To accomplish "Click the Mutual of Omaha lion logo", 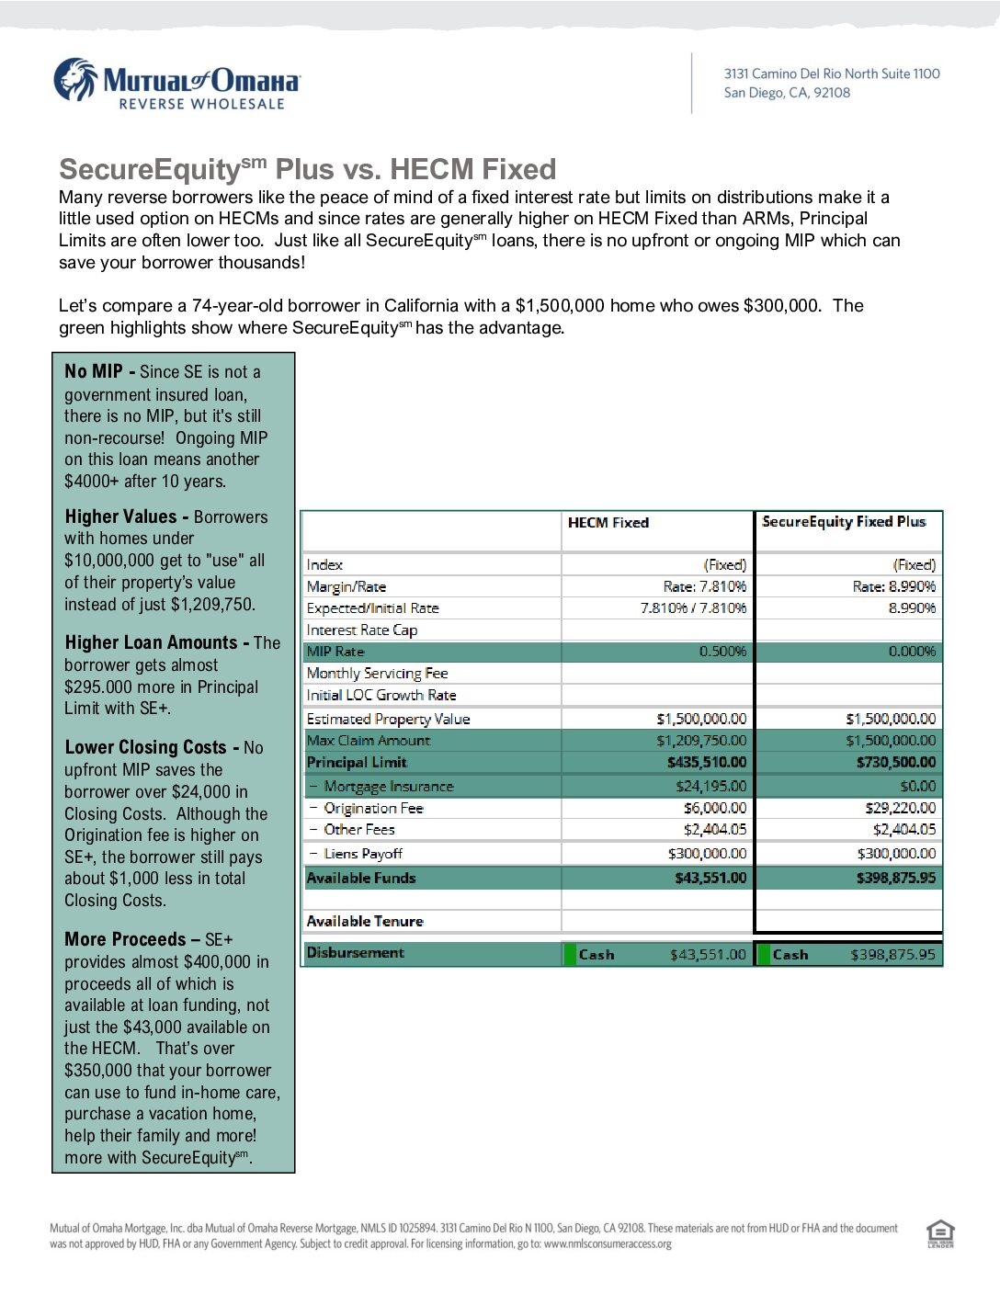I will pyautogui.click(x=74, y=80).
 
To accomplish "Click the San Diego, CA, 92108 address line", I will pyautogui.click(x=787, y=93).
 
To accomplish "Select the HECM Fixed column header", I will pyautogui.click(x=608, y=523).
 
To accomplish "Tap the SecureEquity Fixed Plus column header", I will pyautogui.click(x=844, y=522).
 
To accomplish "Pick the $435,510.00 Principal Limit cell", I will pyautogui.click(x=707, y=763).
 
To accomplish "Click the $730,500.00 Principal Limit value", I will pyautogui.click(x=896, y=763).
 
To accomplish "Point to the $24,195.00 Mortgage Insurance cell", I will pyautogui.click(x=710, y=787).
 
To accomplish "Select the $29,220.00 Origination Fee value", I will pyautogui.click(x=900, y=809).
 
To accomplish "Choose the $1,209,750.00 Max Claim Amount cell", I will pyautogui.click(x=701, y=741).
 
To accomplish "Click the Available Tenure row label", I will pyautogui.click(x=365, y=922).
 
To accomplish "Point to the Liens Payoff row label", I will pyautogui.click(x=363, y=854).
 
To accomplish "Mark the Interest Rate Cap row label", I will pyautogui.click(x=362, y=630).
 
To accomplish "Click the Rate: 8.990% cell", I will pyautogui.click(x=894, y=586).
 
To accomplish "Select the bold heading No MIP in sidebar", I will pyautogui.click(x=94, y=371).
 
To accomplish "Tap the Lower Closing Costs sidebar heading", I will pyautogui.click(x=145, y=747).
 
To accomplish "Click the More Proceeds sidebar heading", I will pyautogui.click(x=125, y=939).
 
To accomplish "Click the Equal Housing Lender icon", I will pyautogui.click(x=940, y=1233).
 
